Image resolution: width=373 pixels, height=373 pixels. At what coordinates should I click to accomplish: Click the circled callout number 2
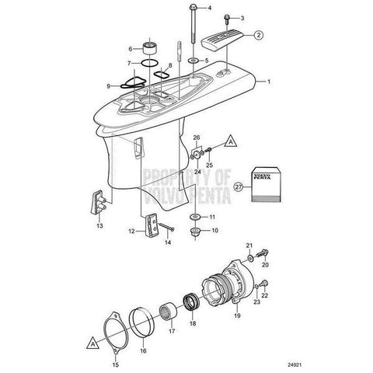pyautogui.click(x=258, y=35)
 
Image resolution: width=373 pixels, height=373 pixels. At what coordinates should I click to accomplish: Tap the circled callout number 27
pyautogui.click(x=239, y=187)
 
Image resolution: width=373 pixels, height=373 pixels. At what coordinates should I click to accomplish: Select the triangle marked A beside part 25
pyautogui.click(x=231, y=142)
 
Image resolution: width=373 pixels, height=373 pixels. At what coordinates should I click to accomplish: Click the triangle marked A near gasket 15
pyautogui.click(x=93, y=343)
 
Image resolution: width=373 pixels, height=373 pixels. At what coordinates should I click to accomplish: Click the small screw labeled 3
pyautogui.click(x=227, y=19)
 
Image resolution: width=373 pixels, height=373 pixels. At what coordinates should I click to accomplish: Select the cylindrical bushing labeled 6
pyautogui.click(x=151, y=48)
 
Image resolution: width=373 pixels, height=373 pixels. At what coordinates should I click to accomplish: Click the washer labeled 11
pyautogui.click(x=195, y=216)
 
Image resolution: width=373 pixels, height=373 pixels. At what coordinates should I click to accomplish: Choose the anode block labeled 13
pyautogui.click(x=99, y=202)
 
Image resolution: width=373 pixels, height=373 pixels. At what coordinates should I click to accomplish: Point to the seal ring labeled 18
pyautogui.click(x=192, y=302)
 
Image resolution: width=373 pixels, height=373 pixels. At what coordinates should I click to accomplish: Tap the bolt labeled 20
pyautogui.click(x=263, y=253)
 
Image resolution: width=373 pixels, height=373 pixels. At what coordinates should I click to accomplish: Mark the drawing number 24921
pyautogui.click(x=295, y=364)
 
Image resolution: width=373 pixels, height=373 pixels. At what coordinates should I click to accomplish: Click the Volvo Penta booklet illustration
pyautogui.click(x=267, y=184)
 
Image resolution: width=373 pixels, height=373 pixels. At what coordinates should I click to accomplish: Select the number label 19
pyautogui.click(x=237, y=315)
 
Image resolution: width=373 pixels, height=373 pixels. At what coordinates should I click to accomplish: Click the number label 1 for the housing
pyautogui.click(x=269, y=82)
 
